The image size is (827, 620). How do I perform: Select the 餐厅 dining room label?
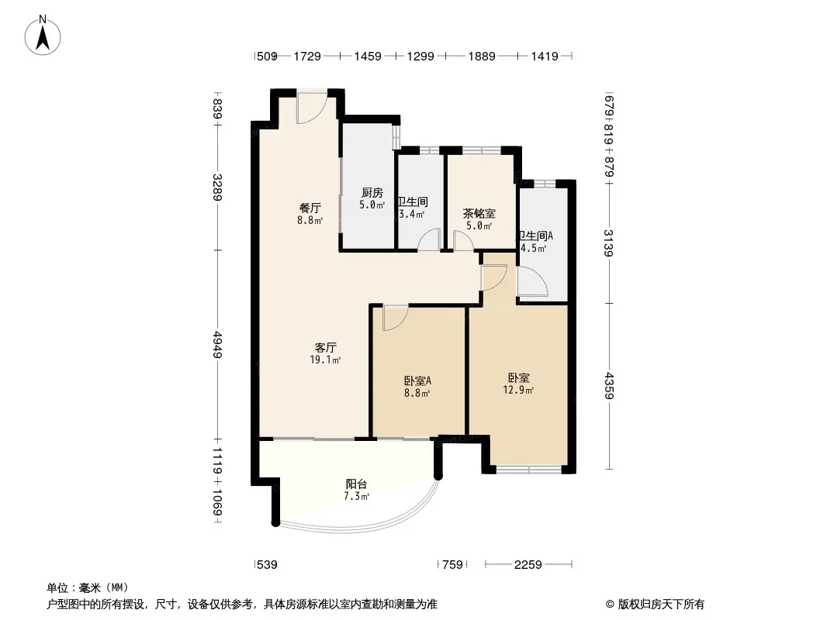pos(310,208)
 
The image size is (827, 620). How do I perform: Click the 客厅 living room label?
pos(325,347)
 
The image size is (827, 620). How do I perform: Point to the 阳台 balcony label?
pos(356,484)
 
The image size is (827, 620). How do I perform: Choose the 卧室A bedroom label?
pos(417,381)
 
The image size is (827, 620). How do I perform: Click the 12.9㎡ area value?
pos(518,391)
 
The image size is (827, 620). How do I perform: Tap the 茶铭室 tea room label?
pos(479,214)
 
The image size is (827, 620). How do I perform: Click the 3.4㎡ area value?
pos(411,215)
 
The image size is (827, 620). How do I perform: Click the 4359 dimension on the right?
pos(610,386)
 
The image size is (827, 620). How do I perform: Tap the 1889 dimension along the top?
pos(484,57)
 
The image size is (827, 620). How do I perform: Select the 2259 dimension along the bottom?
pos(528,564)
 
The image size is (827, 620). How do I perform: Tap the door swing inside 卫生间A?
pos(532,283)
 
